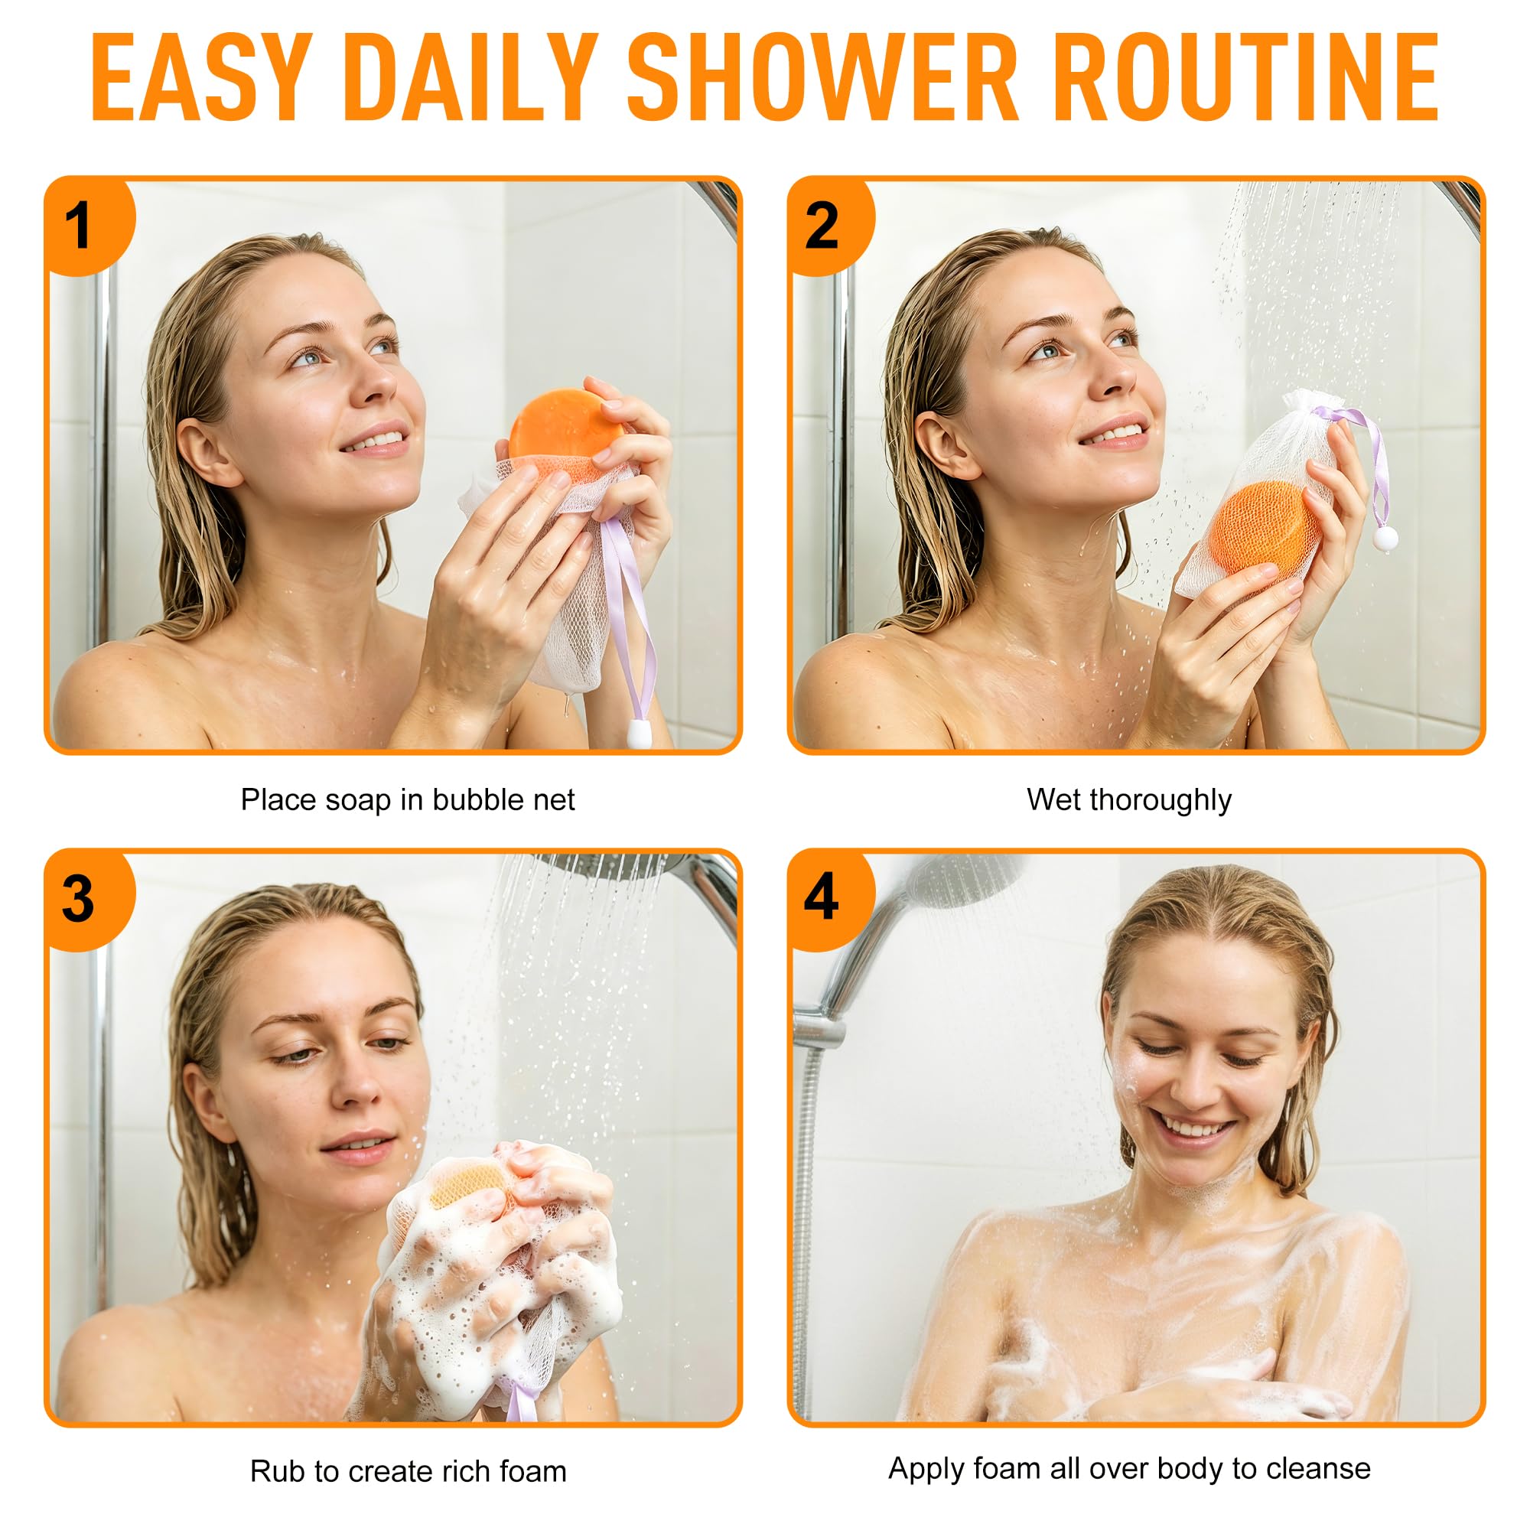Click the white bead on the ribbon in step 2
pos(1385,539)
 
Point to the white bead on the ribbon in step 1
pos(639,734)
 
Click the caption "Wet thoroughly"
pos(1128,800)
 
